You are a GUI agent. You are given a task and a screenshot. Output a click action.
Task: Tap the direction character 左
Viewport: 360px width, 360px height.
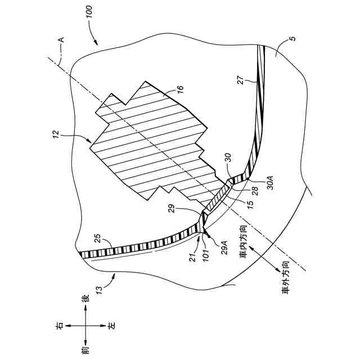click(x=111, y=325)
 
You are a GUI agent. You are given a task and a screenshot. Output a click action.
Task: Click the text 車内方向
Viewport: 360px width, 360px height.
click(x=243, y=242)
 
